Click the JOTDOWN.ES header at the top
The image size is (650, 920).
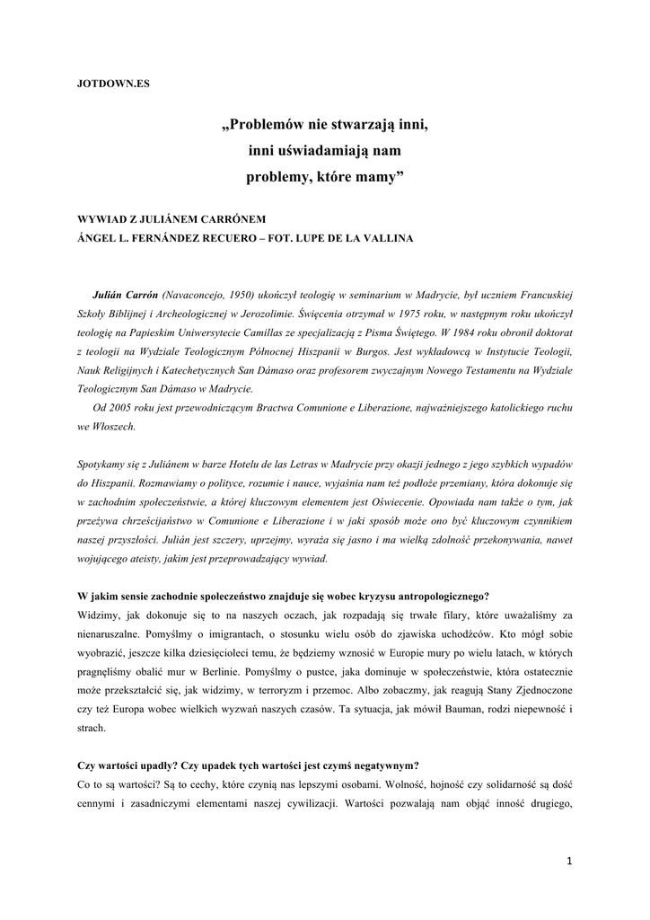coord(113,83)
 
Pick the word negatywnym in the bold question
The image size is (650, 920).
coord(381,766)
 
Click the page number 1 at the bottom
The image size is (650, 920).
coord(569,861)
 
